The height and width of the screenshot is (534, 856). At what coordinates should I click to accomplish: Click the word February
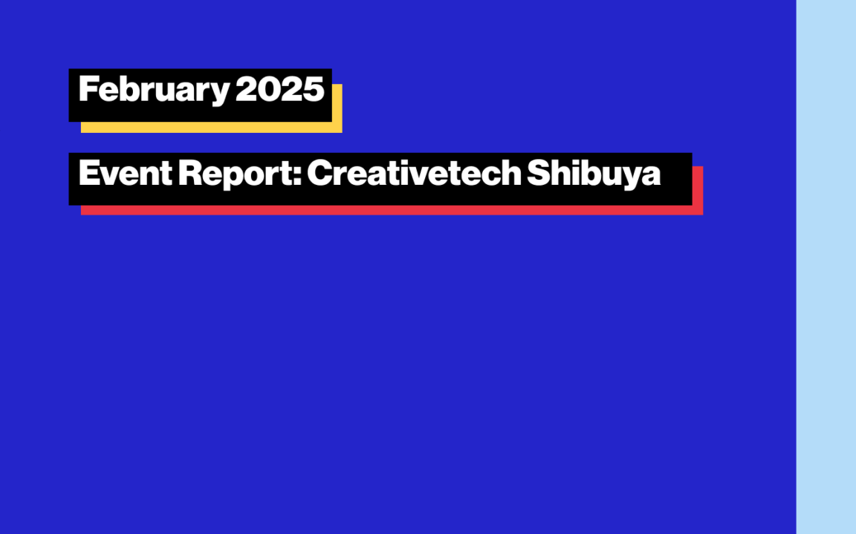click(154, 91)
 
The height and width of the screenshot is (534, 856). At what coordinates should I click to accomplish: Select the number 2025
click(280, 89)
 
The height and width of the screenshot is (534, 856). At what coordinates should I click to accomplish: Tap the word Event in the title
click(126, 173)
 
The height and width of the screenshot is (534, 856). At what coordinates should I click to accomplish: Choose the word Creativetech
click(414, 173)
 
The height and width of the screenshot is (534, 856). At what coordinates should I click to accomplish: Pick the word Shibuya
click(594, 174)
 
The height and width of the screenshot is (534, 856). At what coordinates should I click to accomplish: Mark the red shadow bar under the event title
click(392, 209)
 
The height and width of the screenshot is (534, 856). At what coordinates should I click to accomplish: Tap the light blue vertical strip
click(826, 267)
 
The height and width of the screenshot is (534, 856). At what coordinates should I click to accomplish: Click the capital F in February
click(88, 89)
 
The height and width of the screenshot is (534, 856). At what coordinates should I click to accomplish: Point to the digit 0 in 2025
click(268, 89)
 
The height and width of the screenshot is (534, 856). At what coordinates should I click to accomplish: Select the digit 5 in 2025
click(314, 89)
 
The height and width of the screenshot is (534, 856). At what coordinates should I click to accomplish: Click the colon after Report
click(297, 176)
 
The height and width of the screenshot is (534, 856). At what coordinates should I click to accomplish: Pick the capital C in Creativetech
click(320, 173)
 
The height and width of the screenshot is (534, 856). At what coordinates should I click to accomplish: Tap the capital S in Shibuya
click(538, 173)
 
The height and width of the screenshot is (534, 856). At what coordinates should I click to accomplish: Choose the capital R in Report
click(190, 173)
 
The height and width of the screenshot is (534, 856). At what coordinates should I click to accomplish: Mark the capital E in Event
click(88, 173)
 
